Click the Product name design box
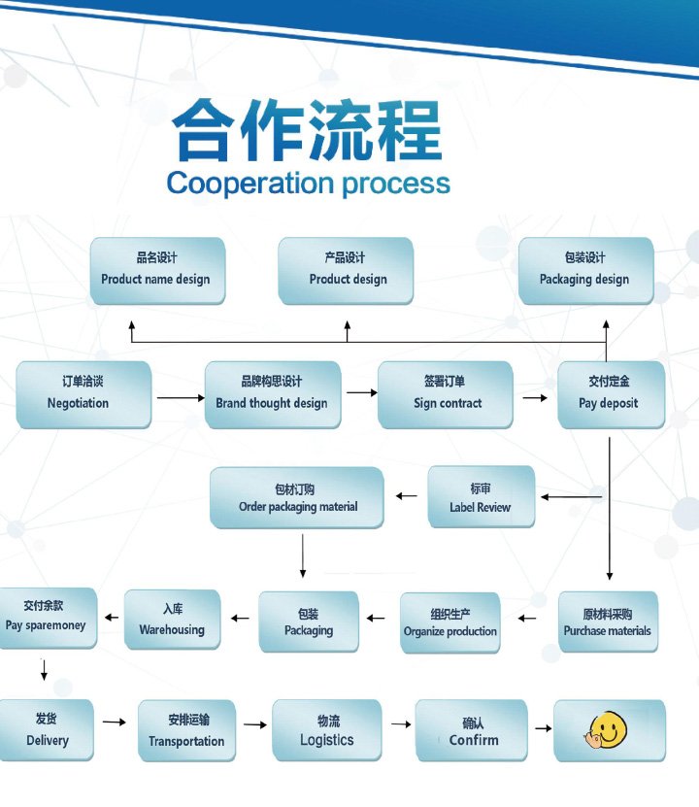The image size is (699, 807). pos(156,270)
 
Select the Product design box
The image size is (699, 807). pos(346,270)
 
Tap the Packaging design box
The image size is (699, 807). pos(585,270)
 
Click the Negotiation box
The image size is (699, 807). pos(83,394)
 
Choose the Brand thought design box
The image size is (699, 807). pos(272,394)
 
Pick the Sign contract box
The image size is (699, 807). pos(446,394)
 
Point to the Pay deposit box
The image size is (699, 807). pos(610,394)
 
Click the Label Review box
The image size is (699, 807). pos(481,497)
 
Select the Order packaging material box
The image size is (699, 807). pos(297,498)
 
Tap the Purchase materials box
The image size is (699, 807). pos(608,622)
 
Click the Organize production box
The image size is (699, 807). pos(450,622)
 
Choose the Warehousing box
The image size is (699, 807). pos(172,620)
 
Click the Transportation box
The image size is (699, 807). pos(186,730)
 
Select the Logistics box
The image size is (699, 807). pos(326,730)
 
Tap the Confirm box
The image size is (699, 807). pos(472,730)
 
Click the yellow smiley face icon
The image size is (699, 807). pos(605,729)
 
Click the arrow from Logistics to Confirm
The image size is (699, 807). pos(400,724)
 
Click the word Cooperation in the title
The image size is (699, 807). pos(236,184)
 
